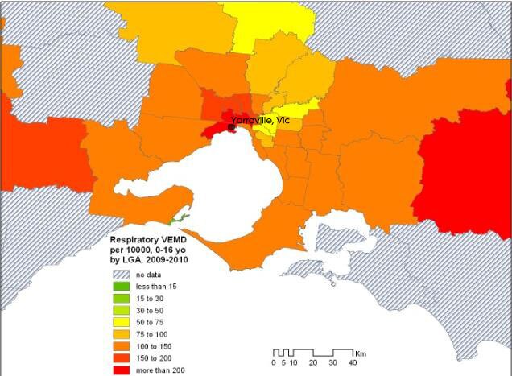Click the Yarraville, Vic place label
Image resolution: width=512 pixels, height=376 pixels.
(x=260, y=120)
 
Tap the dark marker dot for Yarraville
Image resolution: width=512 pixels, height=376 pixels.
(x=233, y=127)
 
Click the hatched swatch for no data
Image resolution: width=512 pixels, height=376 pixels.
(x=121, y=275)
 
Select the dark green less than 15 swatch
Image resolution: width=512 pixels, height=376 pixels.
(x=121, y=287)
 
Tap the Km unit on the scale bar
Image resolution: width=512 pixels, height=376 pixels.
(x=363, y=353)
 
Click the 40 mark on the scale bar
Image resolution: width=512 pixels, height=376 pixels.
(x=353, y=363)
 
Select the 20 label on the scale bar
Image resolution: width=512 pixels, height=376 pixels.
(x=312, y=363)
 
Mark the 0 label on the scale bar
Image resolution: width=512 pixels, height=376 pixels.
(x=274, y=363)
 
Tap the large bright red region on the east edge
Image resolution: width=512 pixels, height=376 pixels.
(x=463, y=173)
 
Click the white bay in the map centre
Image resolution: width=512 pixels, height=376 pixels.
(x=217, y=185)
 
